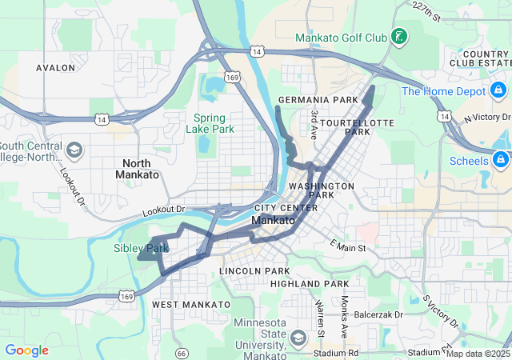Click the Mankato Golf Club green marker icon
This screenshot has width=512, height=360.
(x=398, y=37)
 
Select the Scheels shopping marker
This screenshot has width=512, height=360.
(x=502, y=160)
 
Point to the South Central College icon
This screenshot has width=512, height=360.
(x=74, y=150)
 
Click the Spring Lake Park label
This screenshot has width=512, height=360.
(x=212, y=123)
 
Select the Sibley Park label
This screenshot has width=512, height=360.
(x=140, y=248)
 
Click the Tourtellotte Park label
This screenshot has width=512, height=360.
(x=346, y=126)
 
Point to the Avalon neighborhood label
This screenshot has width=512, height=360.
(x=55, y=68)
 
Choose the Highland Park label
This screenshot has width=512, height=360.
(x=309, y=284)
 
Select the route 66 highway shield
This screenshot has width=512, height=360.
(x=182, y=352)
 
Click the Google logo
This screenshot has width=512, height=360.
(x=26, y=350)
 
